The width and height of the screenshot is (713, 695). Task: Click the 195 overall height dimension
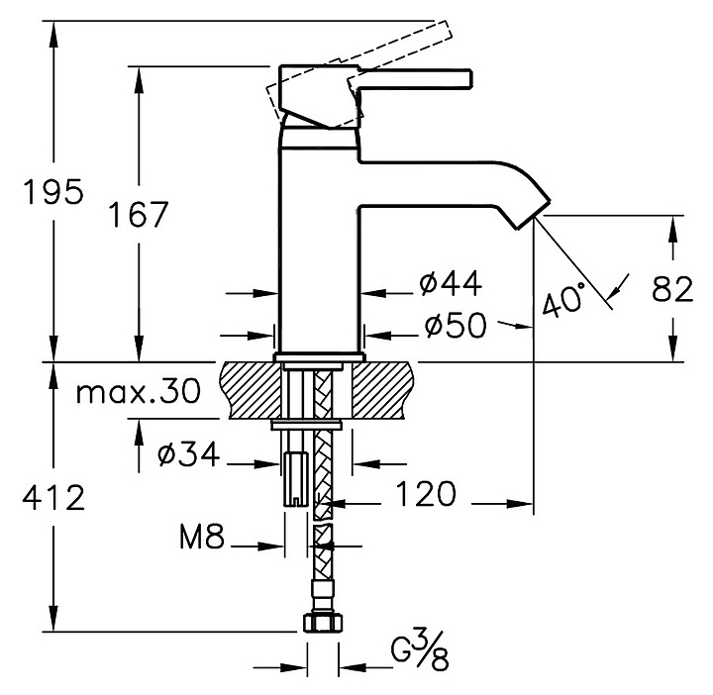pyautogui.click(x=53, y=192)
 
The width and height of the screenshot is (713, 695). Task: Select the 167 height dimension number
pyautogui.click(x=136, y=214)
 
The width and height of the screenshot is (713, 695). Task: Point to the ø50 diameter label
pyautogui.click(x=454, y=325)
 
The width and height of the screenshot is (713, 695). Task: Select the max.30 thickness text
pyautogui.click(x=137, y=392)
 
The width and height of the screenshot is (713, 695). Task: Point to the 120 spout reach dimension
pyautogui.click(x=426, y=494)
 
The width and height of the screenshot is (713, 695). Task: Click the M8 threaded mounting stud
pyautogui.click(x=296, y=477)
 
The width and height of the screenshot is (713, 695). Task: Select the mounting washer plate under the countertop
pyautogui.click(x=307, y=426)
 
